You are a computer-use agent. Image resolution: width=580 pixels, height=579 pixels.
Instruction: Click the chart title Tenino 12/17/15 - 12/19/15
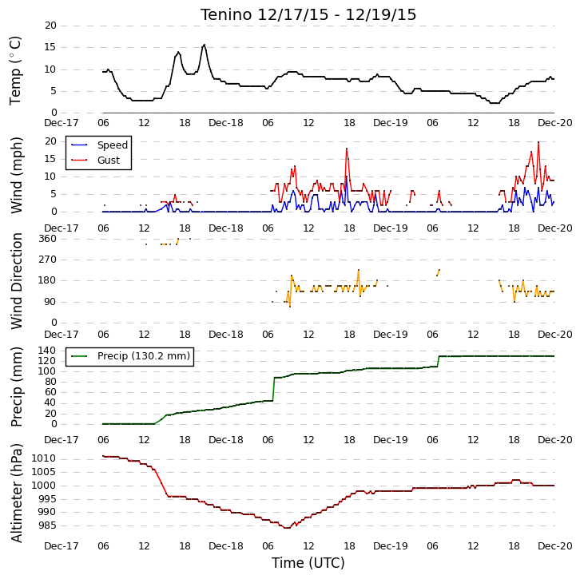tap(308, 15)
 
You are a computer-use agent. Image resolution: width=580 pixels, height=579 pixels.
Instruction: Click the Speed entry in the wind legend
tap(113, 145)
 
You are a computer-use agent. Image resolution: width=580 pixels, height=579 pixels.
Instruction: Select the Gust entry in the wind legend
tap(109, 160)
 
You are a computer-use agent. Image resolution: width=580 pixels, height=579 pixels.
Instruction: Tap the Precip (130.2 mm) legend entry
tap(144, 356)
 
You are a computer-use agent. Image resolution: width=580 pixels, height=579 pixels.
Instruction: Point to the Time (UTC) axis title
tap(308, 563)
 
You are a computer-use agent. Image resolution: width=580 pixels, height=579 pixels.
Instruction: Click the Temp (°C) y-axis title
tap(15, 70)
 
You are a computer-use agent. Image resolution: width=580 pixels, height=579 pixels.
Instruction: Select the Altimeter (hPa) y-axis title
tap(16, 494)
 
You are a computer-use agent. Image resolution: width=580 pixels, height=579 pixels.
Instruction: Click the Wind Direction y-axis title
tap(16, 281)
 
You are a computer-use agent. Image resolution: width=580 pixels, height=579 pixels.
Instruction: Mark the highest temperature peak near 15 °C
tap(204, 45)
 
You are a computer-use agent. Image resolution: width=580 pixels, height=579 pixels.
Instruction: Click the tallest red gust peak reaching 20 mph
tap(538, 142)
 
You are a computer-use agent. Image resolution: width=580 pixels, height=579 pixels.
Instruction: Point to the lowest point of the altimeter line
tap(287, 528)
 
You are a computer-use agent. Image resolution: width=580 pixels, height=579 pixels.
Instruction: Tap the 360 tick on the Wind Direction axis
tap(48, 239)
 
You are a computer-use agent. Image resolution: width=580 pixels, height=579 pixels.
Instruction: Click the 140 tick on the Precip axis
tap(48, 350)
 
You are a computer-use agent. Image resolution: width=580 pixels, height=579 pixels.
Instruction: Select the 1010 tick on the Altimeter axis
tap(43, 458)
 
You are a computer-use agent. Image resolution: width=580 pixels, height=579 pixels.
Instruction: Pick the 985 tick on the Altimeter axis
tap(46, 525)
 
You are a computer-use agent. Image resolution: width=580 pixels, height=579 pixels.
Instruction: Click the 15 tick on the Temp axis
tap(50, 47)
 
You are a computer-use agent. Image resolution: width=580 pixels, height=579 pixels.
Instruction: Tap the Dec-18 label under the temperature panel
tap(226, 123)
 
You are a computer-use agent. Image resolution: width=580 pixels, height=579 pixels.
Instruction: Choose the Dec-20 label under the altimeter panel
tap(555, 546)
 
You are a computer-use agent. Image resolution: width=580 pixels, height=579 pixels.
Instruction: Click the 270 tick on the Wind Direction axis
tap(48, 260)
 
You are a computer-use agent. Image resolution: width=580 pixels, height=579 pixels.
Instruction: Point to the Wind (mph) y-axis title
tap(16, 175)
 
